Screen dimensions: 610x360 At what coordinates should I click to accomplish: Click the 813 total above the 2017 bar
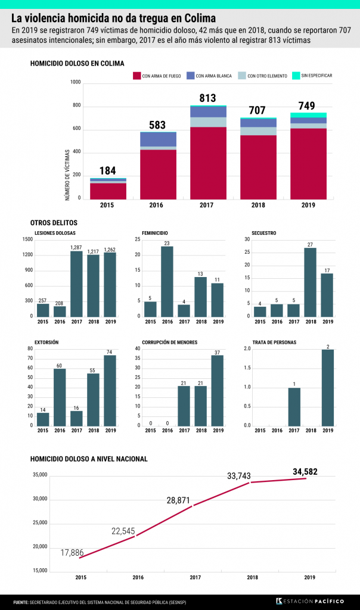(x=207, y=98)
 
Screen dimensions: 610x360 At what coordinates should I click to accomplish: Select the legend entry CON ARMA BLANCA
(x=213, y=76)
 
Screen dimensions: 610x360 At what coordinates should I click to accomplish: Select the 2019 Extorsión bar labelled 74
(x=110, y=390)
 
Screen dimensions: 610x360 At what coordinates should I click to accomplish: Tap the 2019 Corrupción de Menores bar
(x=217, y=390)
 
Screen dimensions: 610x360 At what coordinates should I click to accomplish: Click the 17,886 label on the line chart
(x=72, y=553)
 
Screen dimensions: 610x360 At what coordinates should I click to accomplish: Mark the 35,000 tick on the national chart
(x=40, y=475)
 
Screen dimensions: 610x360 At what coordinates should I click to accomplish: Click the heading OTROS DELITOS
(x=51, y=222)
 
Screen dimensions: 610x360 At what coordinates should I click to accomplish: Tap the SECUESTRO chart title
(x=263, y=233)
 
